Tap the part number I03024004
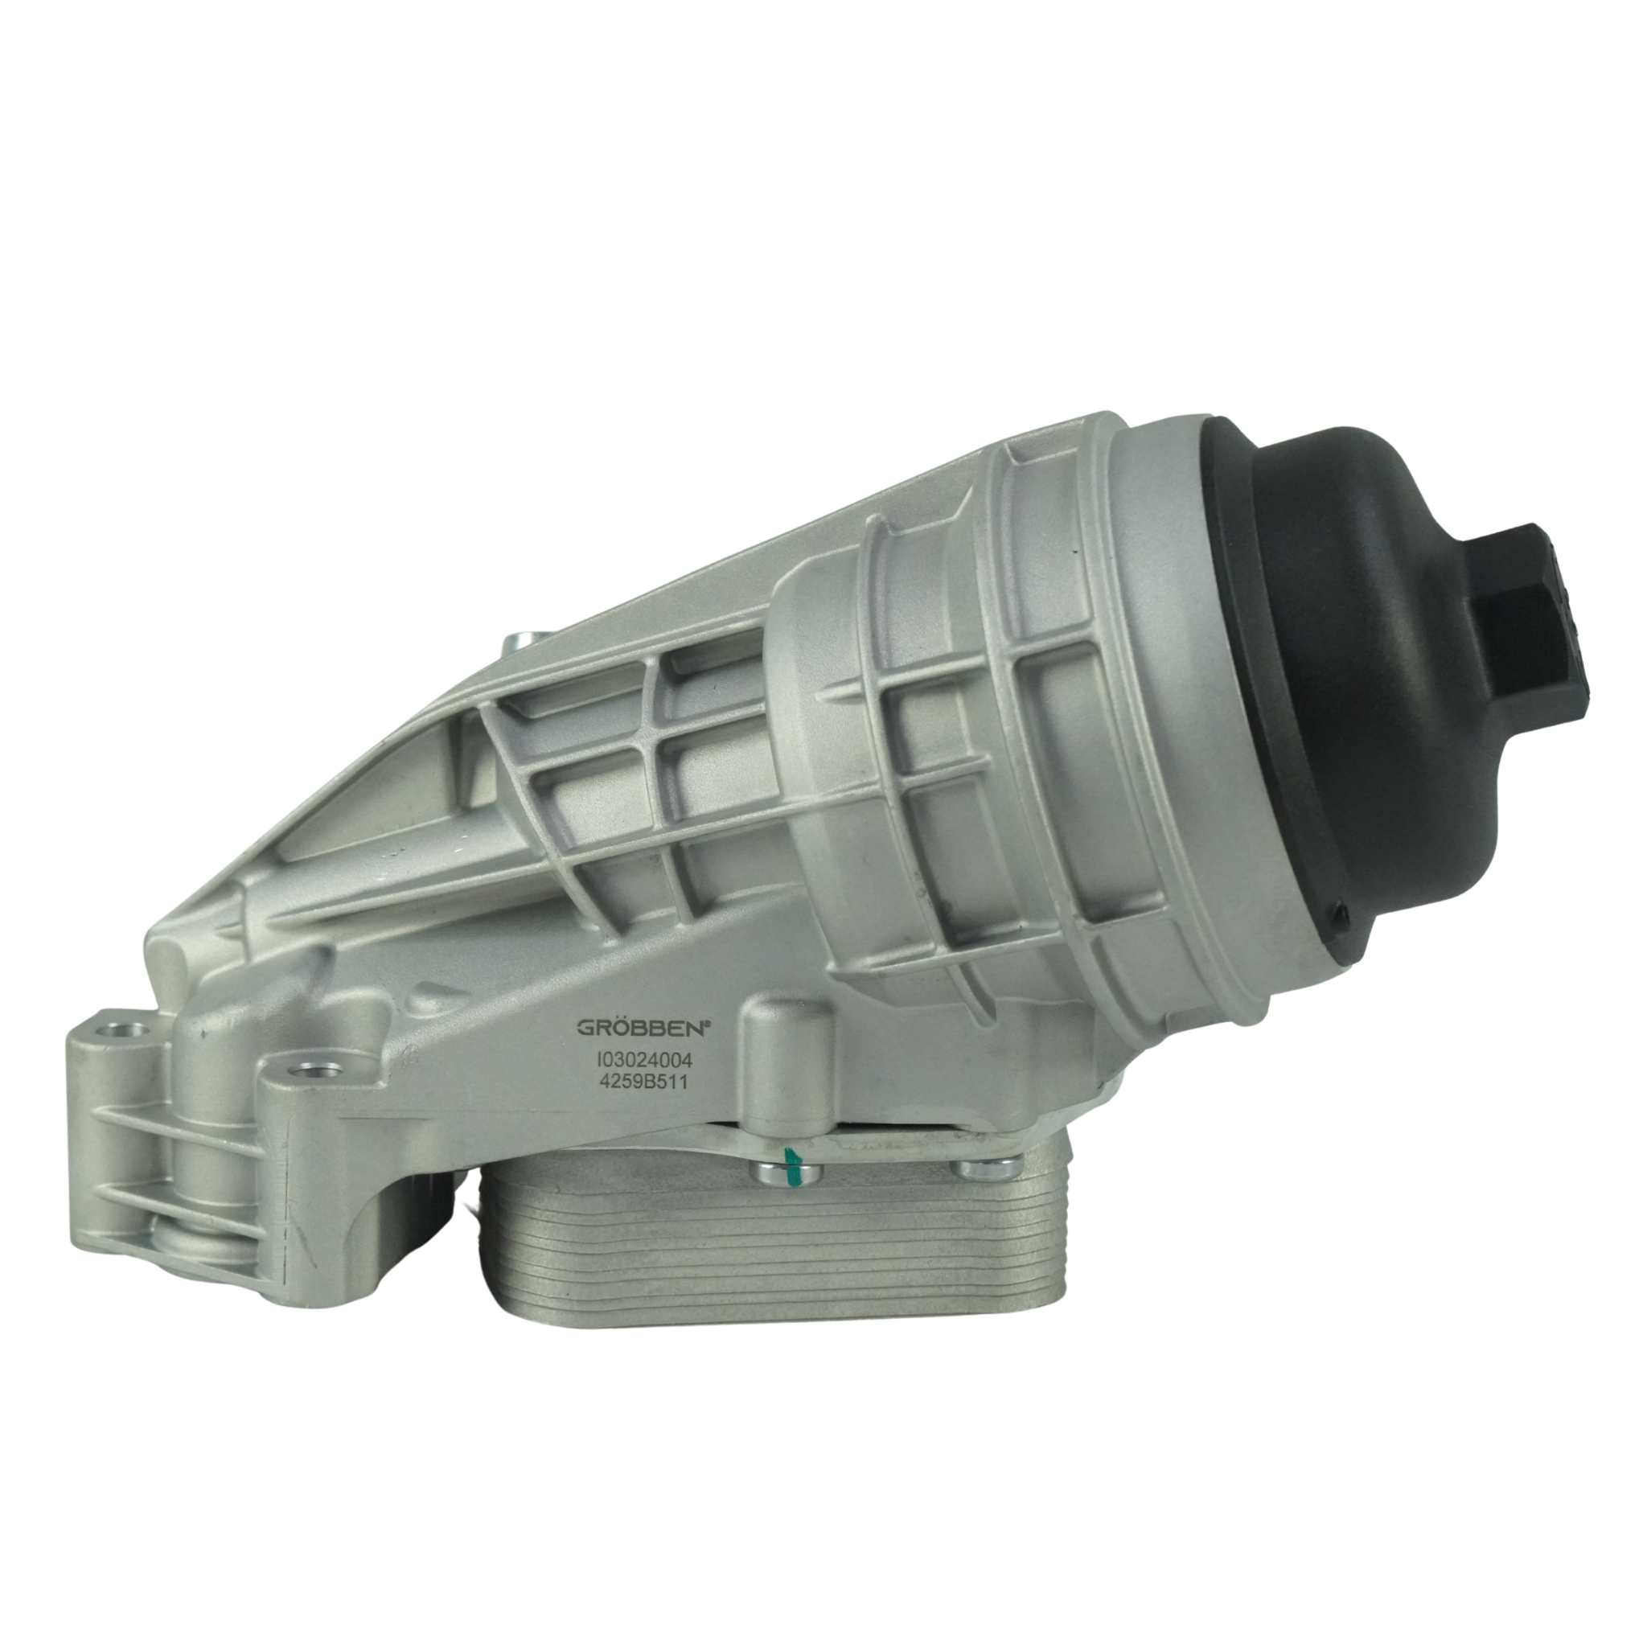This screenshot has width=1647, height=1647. [x=644, y=1061]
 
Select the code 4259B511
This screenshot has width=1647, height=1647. [x=644, y=1082]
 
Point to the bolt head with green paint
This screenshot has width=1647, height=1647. [x=787, y=1173]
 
